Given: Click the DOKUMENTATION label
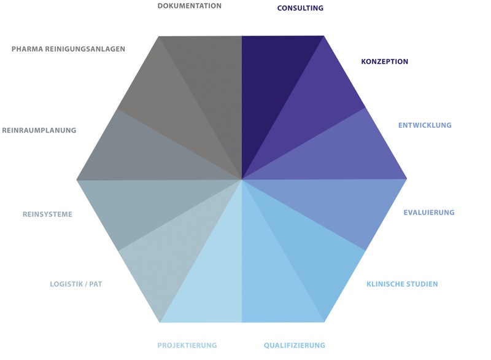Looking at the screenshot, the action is tap(190, 6).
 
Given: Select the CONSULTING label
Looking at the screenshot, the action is tap(300, 8).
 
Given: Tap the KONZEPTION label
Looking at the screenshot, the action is tap(385, 61).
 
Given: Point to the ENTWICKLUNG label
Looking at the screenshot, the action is tap(425, 125).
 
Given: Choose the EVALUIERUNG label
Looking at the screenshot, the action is tap(429, 213).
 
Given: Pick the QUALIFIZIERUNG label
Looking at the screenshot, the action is tap(295, 345).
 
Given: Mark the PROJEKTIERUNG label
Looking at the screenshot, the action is tap(187, 345).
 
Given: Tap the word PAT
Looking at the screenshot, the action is tap(96, 284).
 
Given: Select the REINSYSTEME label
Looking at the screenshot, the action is tap(47, 214).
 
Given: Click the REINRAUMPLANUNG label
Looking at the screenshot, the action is tap(39, 130).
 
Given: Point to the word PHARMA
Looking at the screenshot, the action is tap(26, 49).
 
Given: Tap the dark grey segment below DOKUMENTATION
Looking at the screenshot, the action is tap(213, 82).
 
